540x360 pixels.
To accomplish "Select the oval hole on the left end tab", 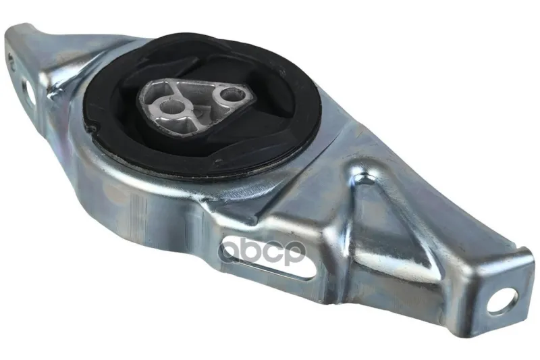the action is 30,91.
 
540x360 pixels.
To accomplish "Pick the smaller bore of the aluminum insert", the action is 229,94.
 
